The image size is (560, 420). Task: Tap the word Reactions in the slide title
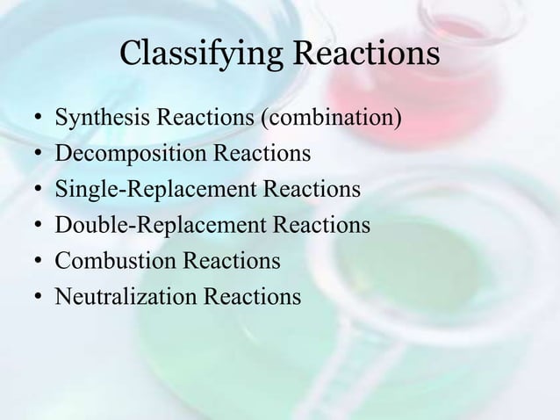[x=370, y=54]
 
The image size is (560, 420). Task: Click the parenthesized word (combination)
[x=338, y=119]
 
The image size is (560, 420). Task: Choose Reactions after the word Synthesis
[x=191, y=119]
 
